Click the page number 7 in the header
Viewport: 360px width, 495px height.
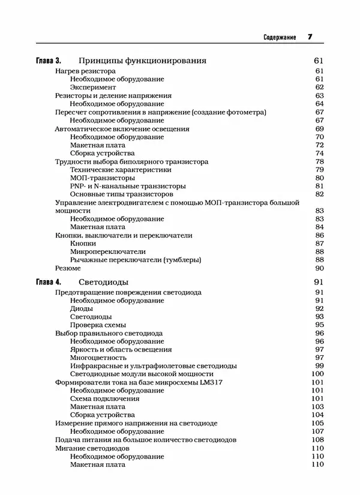pos(310,37)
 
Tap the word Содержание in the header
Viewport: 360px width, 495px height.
pos(280,38)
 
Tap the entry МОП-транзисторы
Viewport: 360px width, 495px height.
pos(102,178)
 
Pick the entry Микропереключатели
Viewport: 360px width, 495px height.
pos(108,252)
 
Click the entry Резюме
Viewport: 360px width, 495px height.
pos(66,268)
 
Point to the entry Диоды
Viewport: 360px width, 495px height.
pos(81,308)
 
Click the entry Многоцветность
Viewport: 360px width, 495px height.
pos(98,358)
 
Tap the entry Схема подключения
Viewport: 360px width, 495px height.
pos(104,398)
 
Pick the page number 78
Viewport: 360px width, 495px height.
pos(319,162)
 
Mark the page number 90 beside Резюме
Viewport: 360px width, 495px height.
pos(319,268)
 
